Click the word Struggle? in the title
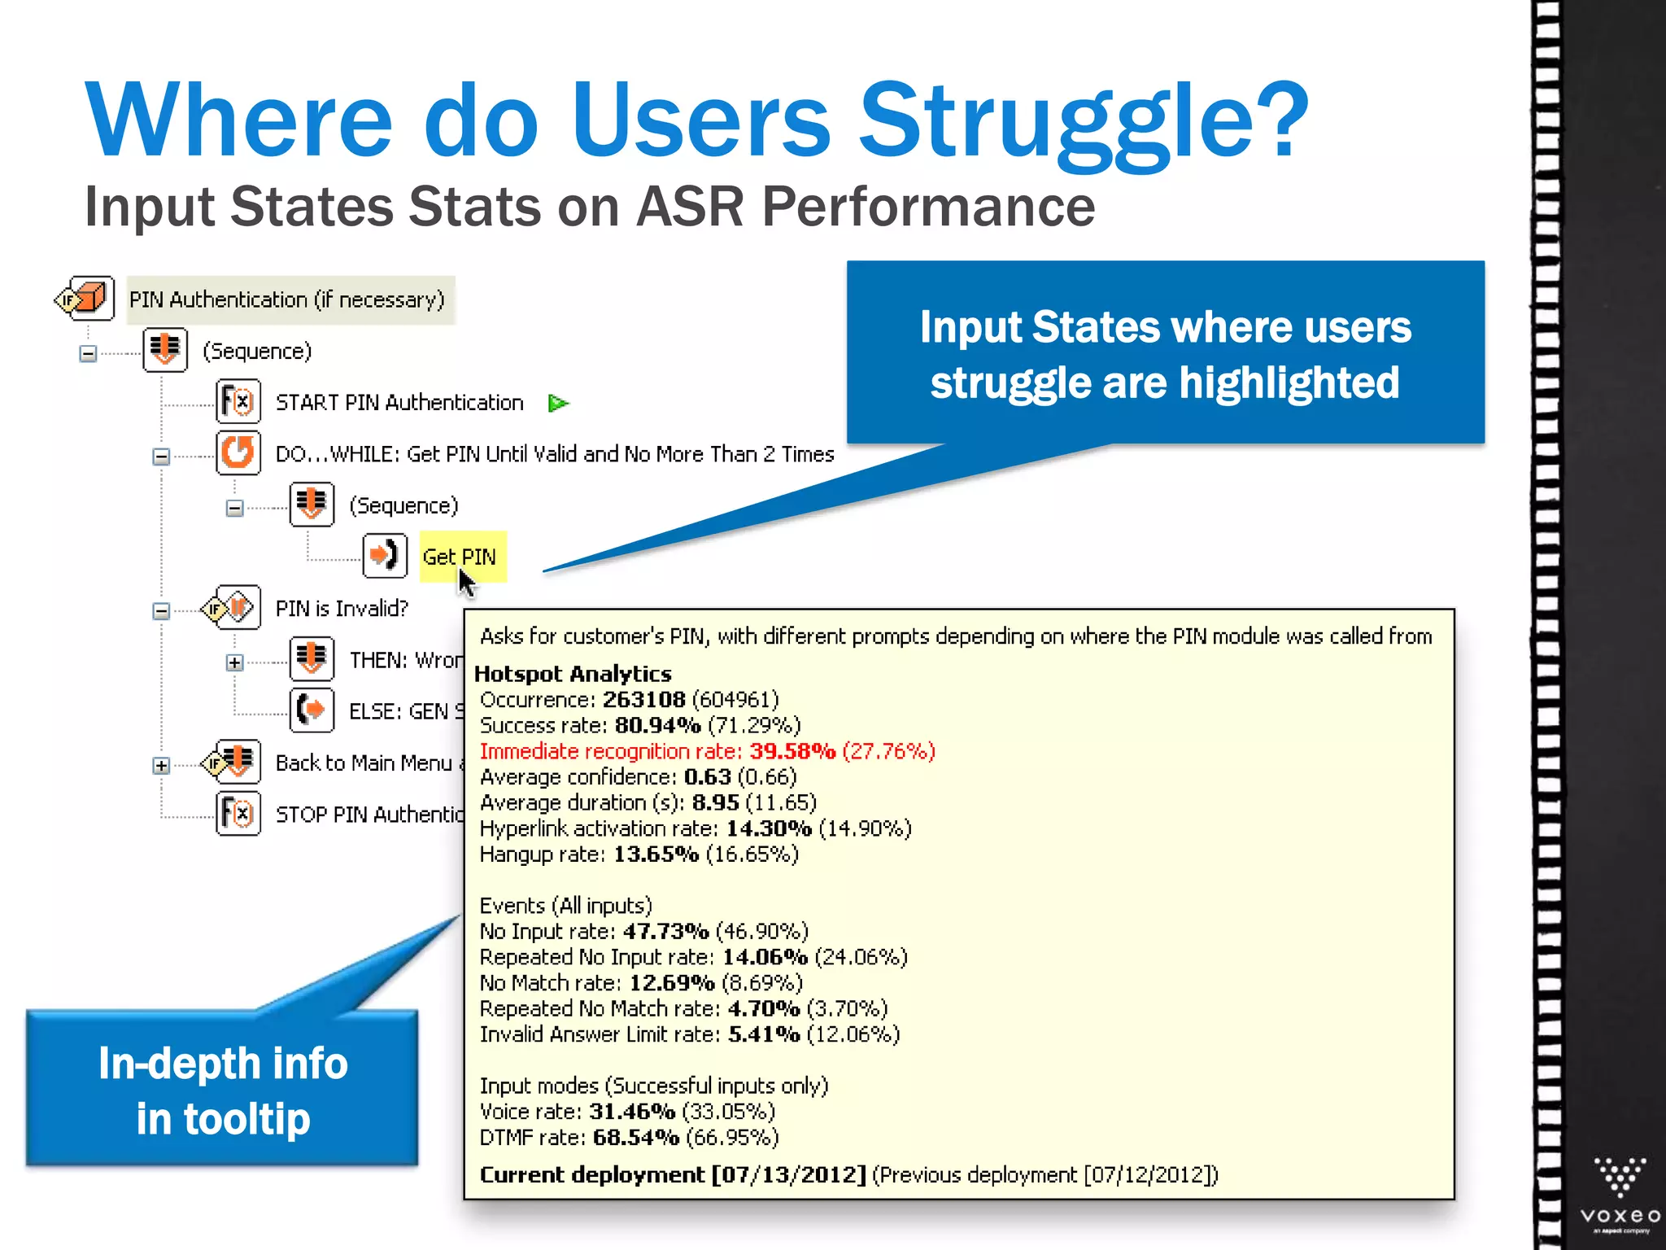pos(1082,122)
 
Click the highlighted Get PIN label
pos(460,557)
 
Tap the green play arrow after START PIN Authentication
pos(558,404)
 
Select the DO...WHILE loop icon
pos(238,453)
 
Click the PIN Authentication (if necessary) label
pos(287,300)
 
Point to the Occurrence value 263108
pos(643,700)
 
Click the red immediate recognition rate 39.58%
pos(792,751)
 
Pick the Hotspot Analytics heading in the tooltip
pos(573,674)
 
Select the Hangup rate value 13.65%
pos(656,854)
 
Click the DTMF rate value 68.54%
pos(635,1138)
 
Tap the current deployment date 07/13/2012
pos(788,1175)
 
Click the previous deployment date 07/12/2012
pos(1149,1175)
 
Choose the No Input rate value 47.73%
pos(665,932)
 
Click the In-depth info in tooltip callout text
pos(223,1090)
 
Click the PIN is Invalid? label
pos(342,609)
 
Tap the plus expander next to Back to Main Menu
pos(161,766)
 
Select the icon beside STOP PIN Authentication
pos(238,814)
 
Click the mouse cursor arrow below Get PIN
pos(466,583)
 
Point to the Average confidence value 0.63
pos(707,777)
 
